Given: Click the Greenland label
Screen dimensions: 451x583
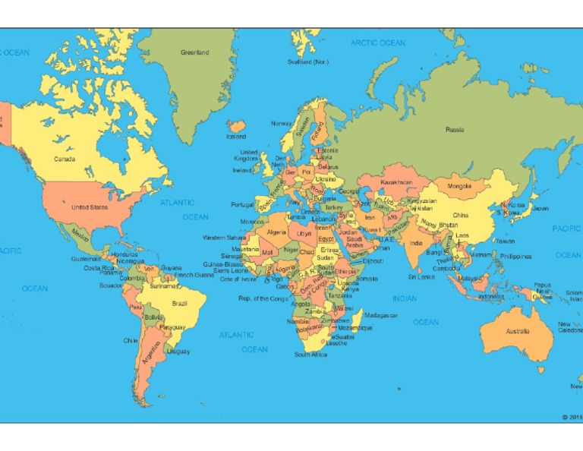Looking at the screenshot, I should pyautogui.click(x=194, y=52).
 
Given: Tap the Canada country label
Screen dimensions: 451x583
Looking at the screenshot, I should pyautogui.click(x=64, y=159).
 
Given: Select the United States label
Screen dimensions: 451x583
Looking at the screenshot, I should pyautogui.click(x=90, y=207).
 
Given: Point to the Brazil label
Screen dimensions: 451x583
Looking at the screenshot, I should pyautogui.click(x=180, y=303).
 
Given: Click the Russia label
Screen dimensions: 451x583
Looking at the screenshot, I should pyautogui.click(x=455, y=130).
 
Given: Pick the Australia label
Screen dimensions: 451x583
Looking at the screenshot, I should pyautogui.click(x=518, y=331).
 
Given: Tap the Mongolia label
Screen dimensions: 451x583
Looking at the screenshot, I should pyautogui.click(x=459, y=185).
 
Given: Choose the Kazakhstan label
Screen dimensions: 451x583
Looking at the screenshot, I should pyautogui.click(x=396, y=182).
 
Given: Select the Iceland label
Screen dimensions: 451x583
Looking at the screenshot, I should pyautogui.click(x=236, y=137).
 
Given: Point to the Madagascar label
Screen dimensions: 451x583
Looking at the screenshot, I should pyautogui.click(x=381, y=315).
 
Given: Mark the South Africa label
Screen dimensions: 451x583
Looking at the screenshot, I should pyautogui.click(x=310, y=355).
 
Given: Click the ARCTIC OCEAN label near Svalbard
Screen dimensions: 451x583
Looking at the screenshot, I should pyautogui.click(x=377, y=43).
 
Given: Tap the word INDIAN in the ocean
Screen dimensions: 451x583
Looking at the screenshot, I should pyautogui.click(x=405, y=298).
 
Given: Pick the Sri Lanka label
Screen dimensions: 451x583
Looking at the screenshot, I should pyautogui.click(x=421, y=277).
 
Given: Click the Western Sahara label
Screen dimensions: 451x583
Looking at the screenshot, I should pyautogui.click(x=225, y=238).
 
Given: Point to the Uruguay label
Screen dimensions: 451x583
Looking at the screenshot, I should pyautogui.click(x=178, y=352).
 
